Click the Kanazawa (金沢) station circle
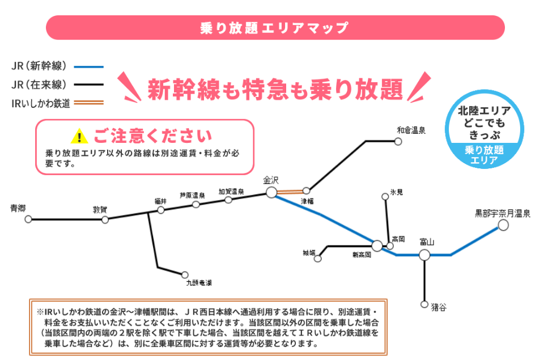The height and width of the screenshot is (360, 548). click(x=271, y=192)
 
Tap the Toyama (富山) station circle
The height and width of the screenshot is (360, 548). click(x=424, y=255)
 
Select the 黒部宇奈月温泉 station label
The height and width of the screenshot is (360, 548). click(x=502, y=214)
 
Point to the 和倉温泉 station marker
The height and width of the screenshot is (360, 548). click(x=398, y=142)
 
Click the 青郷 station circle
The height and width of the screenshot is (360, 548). click(x=28, y=219)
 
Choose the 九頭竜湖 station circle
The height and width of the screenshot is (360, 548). click(x=184, y=274)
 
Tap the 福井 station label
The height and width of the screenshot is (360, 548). click(x=161, y=201)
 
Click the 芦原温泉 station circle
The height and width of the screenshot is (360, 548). click(x=196, y=204)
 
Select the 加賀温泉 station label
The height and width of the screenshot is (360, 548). click(x=231, y=192)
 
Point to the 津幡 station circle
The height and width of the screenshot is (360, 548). click(x=307, y=190)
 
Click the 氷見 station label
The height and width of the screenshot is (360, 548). click(x=396, y=193)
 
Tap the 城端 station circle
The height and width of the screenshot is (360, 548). click(x=318, y=259)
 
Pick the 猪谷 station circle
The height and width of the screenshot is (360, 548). click(x=424, y=304)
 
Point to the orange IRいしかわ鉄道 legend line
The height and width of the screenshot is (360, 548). click(x=89, y=103)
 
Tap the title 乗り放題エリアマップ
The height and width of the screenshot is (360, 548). click(x=274, y=27)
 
